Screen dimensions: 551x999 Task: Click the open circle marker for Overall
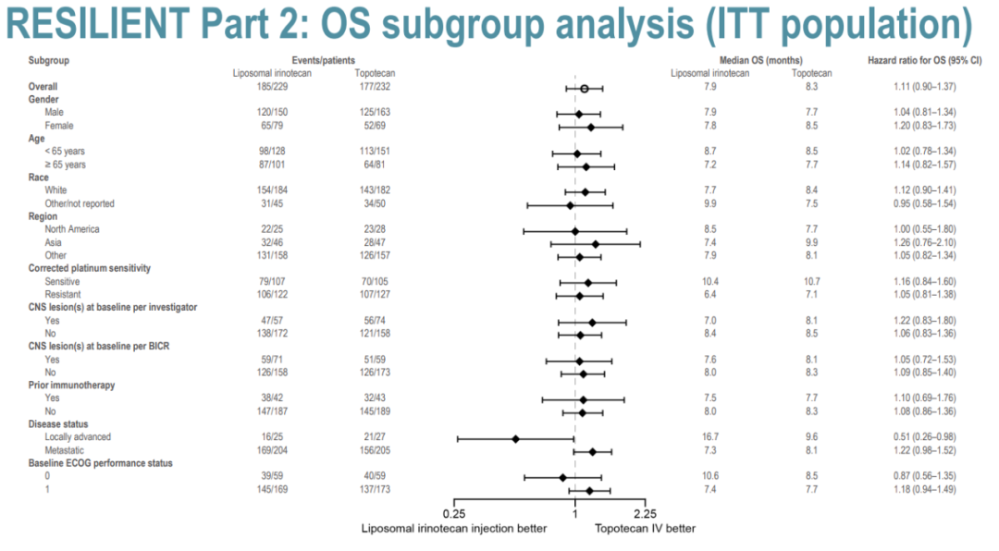(x=585, y=88)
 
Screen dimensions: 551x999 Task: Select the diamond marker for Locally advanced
(x=515, y=438)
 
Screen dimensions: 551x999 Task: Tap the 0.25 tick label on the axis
(x=453, y=513)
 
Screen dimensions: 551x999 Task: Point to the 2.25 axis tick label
(x=645, y=513)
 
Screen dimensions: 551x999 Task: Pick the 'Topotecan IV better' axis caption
(x=644, y=529)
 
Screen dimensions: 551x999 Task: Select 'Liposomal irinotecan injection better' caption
(x=453, y=529)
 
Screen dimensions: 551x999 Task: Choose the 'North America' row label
(x=71, y=229)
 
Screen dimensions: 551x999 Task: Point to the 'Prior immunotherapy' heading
(x=69, y=386)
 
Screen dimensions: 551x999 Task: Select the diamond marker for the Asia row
(x=595, y=244)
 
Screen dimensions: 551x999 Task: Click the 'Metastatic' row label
(x=64, y=451)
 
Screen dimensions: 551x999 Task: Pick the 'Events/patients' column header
(x=322, y=61)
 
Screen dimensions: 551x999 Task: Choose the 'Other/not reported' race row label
(x=80, y=203)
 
